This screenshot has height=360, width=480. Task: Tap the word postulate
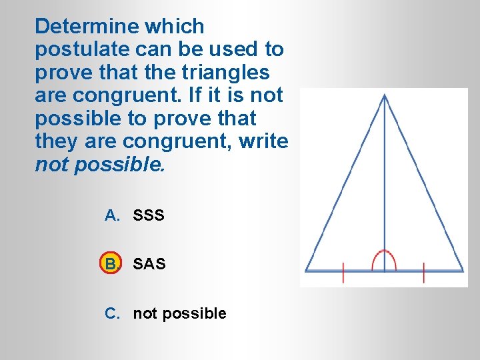coord(77,50)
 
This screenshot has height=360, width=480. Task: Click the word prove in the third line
coord(63,73)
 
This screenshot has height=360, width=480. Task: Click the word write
coord(264,141)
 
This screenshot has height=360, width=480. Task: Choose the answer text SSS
coord(149,215)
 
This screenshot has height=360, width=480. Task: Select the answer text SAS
coord(149,264)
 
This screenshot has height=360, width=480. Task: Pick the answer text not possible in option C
coord(179,313)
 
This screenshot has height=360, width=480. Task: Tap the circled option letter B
coord(111,264)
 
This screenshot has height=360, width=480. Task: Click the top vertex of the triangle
coord(385,95)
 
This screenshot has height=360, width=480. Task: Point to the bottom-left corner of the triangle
coord(306,271)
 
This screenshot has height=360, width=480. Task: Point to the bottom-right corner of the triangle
coord(463,271)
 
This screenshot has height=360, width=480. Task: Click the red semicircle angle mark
coord(385,259)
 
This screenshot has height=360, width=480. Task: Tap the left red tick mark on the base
coord(343,273)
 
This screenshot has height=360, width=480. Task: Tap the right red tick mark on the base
coord(424,273)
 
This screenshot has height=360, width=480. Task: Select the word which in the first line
coord(175,27)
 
